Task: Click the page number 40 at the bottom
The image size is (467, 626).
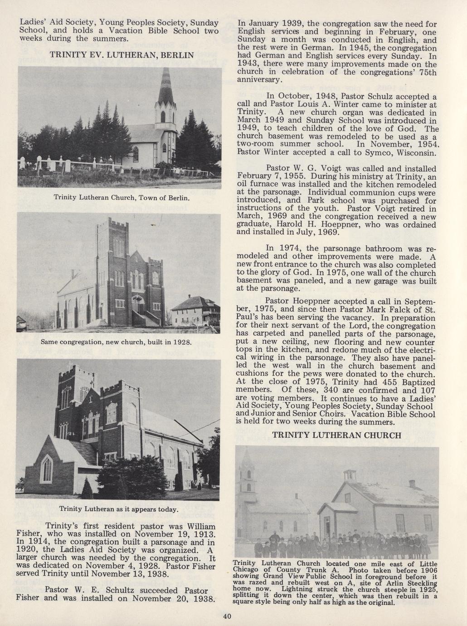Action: point(227,616)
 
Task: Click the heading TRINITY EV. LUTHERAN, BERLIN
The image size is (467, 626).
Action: point(121,55)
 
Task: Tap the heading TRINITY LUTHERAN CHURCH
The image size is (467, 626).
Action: point(337,435)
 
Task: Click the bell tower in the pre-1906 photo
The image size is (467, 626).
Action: point(248,476)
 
